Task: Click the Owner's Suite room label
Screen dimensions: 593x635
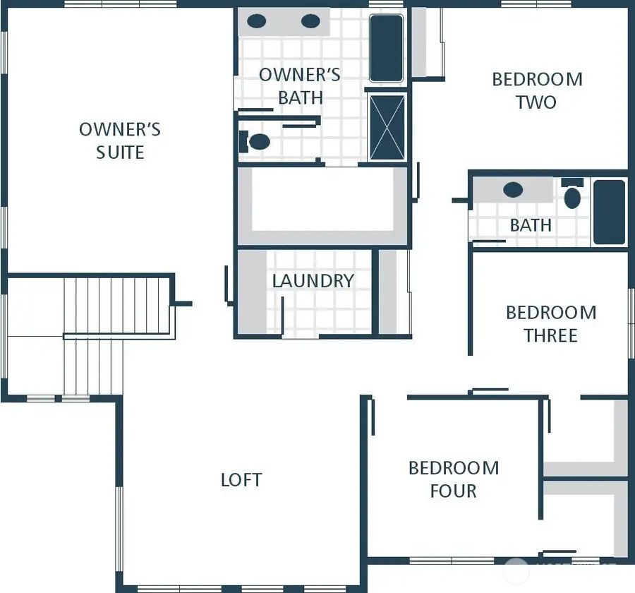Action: [120, 140]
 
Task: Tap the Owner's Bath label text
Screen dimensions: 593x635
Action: [300, 85]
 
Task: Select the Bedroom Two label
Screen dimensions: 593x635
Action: [537, 90]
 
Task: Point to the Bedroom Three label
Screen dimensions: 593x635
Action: [550, 323]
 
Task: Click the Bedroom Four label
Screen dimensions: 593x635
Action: [454, 479]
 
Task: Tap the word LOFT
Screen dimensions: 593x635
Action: [241, 480]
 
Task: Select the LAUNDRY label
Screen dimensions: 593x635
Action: [313, 280]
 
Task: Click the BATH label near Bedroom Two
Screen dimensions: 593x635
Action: [531, 225]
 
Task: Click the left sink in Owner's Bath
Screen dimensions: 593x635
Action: [257, 21]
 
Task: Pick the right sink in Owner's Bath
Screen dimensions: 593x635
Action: [310, 21]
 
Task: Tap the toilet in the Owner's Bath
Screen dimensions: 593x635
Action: [257, 142]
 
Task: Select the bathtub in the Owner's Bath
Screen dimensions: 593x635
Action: [386, 47]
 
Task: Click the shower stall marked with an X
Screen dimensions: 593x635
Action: [387, 127]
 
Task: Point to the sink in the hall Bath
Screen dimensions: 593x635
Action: [513, 190]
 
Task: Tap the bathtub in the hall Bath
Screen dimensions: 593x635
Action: [609, 212]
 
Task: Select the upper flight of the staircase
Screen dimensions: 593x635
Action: [116, 305]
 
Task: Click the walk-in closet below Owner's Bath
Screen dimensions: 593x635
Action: [322, 205]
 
